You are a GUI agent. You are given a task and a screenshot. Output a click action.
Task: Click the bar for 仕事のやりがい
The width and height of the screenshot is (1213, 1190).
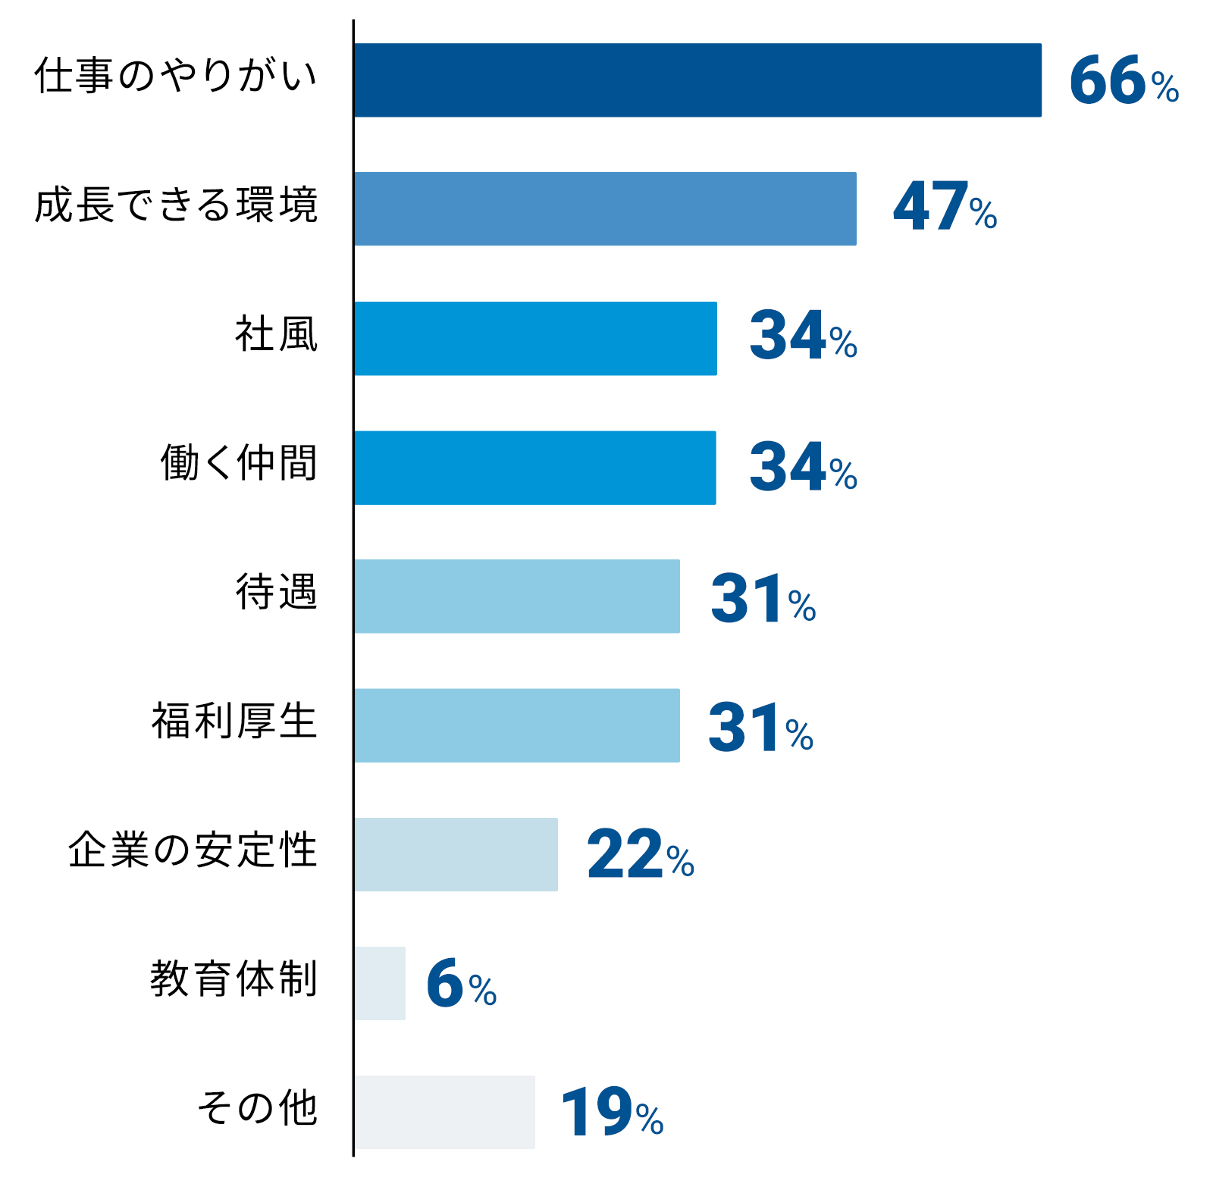click(x=697, y=80)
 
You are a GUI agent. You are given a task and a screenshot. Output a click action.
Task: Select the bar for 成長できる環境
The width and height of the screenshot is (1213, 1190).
click(x=605, y=209)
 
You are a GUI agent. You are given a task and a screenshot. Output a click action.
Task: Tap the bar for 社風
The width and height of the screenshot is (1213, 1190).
click(x=535, y=339)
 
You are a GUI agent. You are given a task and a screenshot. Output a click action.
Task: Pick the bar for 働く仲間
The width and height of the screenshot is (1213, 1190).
click(x=535, y=468)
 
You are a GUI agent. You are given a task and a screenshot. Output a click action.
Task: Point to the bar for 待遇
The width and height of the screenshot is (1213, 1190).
click(x=517, y=597)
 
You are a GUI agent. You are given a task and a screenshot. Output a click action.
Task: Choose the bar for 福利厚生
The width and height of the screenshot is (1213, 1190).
click(x=517, y=725)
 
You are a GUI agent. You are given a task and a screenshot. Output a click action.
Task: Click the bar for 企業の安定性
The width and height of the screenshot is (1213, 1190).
click(x=456, y=854)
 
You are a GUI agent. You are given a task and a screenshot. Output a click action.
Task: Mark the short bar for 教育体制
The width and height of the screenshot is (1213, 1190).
click(x=380, y=983)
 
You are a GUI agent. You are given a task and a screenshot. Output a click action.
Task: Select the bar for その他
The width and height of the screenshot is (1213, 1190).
click(x=445, y=1112)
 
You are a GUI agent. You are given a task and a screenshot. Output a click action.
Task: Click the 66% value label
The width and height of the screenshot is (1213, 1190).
click(x=1124, y=80)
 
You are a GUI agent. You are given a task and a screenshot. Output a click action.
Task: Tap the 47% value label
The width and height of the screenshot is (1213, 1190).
click(x=945, y=207)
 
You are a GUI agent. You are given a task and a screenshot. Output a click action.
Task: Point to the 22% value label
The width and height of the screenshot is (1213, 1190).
click(x=641, y=855)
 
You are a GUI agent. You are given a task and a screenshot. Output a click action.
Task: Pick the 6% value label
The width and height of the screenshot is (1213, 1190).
click(x=461, y=984)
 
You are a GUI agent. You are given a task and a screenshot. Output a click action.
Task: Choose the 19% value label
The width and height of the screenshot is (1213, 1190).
click(x=612, y=1113)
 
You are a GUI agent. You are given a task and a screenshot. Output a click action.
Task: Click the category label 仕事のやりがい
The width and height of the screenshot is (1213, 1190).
click(x=176, y=76)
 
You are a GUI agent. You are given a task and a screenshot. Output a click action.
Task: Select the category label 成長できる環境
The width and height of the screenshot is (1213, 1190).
click(x=176, y=205)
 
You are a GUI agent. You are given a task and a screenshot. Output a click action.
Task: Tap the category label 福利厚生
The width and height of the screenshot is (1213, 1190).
click(x=234, y=721)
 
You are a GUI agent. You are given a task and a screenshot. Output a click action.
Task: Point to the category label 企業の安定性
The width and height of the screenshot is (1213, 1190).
click(x=193, y=850)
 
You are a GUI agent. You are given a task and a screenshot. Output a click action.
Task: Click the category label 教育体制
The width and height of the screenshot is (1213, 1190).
click(x=234, y=979)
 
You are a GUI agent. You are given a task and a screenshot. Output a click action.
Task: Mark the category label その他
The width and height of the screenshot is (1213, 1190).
click(x=258, y=1107)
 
